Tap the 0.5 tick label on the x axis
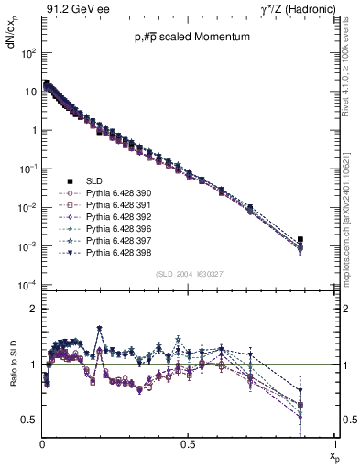[x=188, y=444]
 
